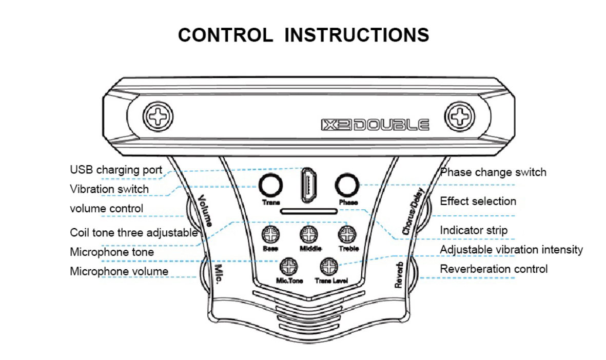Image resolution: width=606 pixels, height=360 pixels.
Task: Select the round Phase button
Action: (347, 185)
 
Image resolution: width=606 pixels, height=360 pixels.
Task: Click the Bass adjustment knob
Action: (270, 235)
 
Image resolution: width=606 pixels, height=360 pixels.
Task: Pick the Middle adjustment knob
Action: (308, 235)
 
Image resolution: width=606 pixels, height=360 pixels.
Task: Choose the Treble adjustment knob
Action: (347, 235)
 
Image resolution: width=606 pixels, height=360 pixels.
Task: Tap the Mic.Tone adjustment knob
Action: (289, 266)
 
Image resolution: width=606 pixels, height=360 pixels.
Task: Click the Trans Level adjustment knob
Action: (329, 266)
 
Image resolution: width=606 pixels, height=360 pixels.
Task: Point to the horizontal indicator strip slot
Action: (309, 211)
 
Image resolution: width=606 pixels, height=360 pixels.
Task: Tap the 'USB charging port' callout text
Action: (116, 170)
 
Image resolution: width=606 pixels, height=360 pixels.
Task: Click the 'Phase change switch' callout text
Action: (493, 172)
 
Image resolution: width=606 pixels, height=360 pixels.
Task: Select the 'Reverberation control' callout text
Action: (494, 269)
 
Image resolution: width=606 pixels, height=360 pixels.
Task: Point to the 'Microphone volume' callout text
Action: (119, 271)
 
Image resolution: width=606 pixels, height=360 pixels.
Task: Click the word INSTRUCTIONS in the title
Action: (357, 35)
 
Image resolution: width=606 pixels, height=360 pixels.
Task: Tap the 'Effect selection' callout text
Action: (478, 201)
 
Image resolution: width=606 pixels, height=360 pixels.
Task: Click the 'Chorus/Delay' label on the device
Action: (413, 211)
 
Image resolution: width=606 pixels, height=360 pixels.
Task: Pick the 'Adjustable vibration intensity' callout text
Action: (511, 250)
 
